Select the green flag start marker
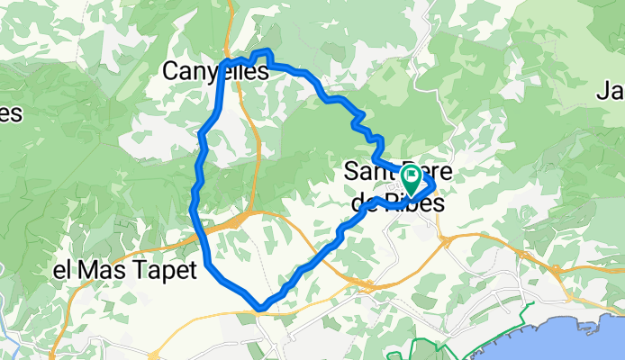click(412, 177)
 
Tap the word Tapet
click(164, 270)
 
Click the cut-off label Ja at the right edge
click(611, 90)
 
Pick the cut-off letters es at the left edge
click(9, 113)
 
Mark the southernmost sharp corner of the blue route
click(260, 307)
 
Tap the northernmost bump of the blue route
click(266, 52)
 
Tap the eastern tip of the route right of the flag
click(433, 184)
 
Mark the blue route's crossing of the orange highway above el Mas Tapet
click(202, 231)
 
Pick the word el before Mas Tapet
click(63, 270)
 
